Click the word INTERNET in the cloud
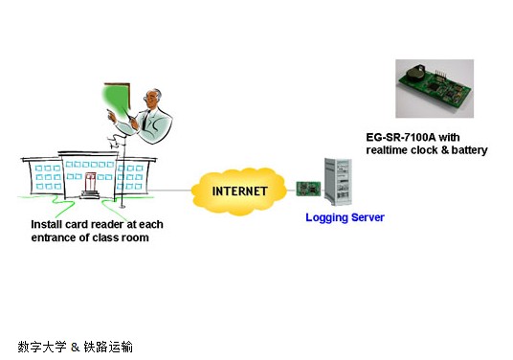tap(240, 191)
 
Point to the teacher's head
tap(152, 99)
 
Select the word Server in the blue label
tap(368, 217)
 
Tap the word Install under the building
tap(47, 224)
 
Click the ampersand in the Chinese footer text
tap(74, 347)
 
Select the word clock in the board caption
tap(430, 150)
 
